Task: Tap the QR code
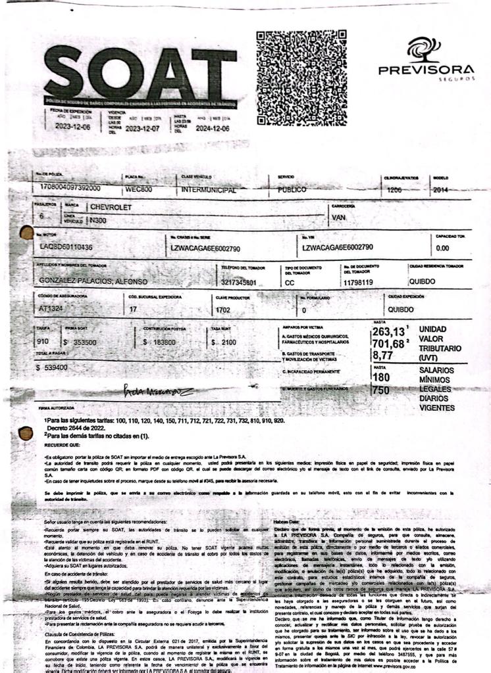click(x=301, y=78)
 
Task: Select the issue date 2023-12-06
click(x=72, y=126)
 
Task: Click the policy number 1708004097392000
click(x=70, y=188)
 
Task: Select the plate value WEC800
click(x=139, y=189)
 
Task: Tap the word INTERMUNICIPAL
click(x=209, y=190)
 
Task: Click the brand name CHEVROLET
click(x=111, y=207)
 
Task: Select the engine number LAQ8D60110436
click(x=66, y=247)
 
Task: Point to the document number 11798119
click(x=358, y=283)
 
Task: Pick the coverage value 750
click(x=380, y=390)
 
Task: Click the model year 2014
click(x=441, y=190)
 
